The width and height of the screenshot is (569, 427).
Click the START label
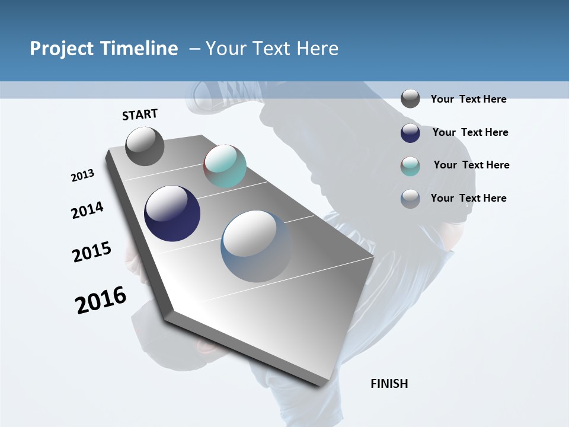click(140, 114)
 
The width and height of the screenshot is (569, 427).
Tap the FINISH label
click(389, 384)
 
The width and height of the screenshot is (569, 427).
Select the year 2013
click(83, 176)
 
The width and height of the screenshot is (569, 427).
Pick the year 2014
click(88, 210)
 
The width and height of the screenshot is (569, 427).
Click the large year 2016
click(101, 300)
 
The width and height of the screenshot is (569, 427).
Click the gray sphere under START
click(145, 146)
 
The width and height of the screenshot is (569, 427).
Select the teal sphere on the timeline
click(225, 166)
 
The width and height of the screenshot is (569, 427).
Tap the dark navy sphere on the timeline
click(172, 213)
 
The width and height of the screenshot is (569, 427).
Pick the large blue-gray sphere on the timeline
click(256, 246)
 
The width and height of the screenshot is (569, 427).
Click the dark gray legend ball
click(410, 98)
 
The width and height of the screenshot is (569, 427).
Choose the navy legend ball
click(410, 133)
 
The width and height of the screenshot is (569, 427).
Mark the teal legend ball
click(410, 166)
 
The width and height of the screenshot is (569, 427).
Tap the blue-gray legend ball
click(410, 199)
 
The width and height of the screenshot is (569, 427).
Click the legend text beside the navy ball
click(470, 132)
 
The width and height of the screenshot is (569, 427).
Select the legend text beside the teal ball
click(471, 165)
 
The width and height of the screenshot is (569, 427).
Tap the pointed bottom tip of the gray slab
click(321, 384)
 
